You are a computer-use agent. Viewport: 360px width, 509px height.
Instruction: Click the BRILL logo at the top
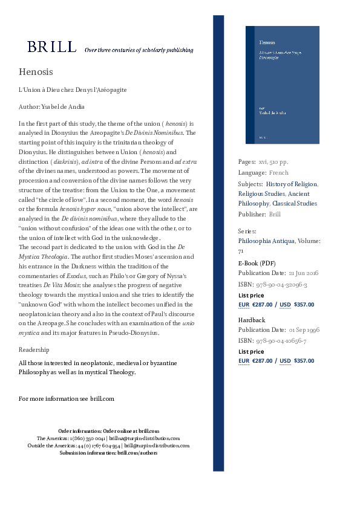click(x=51, y=47)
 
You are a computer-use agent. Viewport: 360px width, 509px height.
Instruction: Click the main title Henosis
click(x=36, y=72)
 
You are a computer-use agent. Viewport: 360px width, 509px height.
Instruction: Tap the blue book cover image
click(x=283, y=85)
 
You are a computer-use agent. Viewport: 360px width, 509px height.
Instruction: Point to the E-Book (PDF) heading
click(x=257, y=263)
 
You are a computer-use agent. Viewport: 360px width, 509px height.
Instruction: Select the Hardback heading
click(x=252, y=320)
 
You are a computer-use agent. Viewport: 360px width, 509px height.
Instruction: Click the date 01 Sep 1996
click(x=303, y=331)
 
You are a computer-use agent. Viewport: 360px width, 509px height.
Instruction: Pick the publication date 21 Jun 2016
click(x=303, y=274)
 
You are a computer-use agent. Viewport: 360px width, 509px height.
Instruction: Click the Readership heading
click(x=34, y=349)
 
